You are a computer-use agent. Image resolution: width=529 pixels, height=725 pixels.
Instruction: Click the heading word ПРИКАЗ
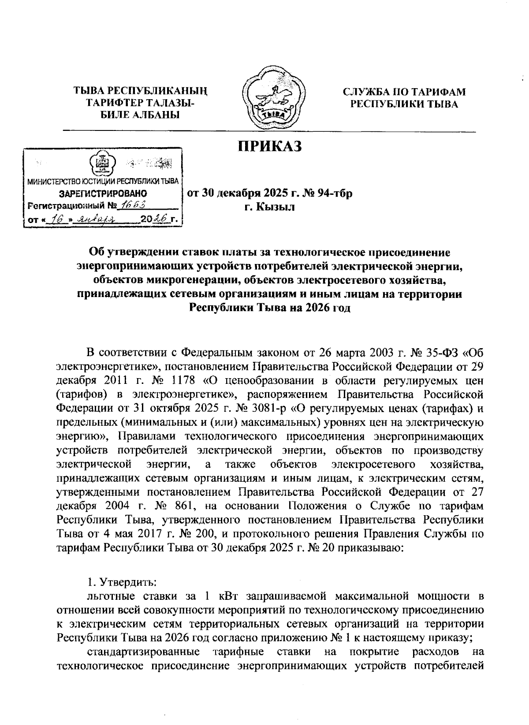[270, 146]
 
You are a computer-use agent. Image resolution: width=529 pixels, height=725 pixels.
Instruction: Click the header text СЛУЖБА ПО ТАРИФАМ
[404, 92]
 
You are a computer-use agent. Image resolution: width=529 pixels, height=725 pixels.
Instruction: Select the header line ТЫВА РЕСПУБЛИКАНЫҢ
[140, 92]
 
